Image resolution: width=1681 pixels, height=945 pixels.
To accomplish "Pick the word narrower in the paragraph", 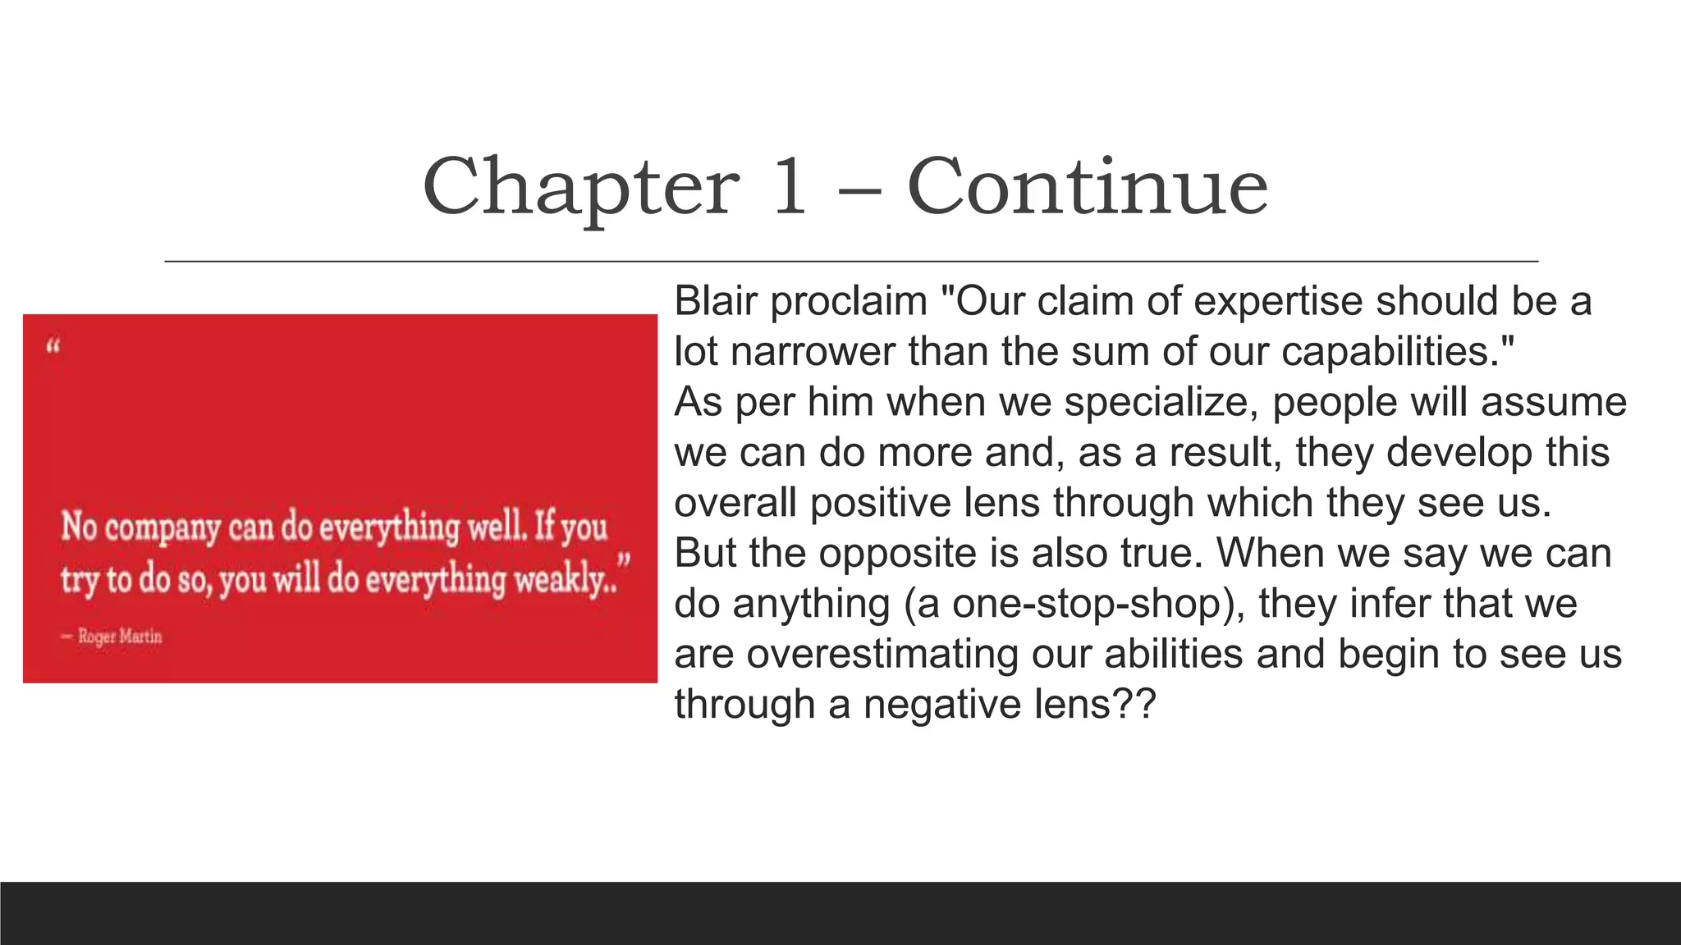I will pyautogui.click(x=813, y=352).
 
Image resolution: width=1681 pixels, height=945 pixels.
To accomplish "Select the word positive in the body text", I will pyautogui.click(x=881, y=503).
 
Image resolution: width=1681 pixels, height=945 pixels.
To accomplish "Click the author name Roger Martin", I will pyautogui.click(x=120, y=637).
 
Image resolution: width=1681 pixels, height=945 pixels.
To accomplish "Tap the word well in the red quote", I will pyautogui.click(x=496, y=527).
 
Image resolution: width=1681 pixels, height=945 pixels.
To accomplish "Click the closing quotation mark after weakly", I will pyautogui.click(x=625, y=563).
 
